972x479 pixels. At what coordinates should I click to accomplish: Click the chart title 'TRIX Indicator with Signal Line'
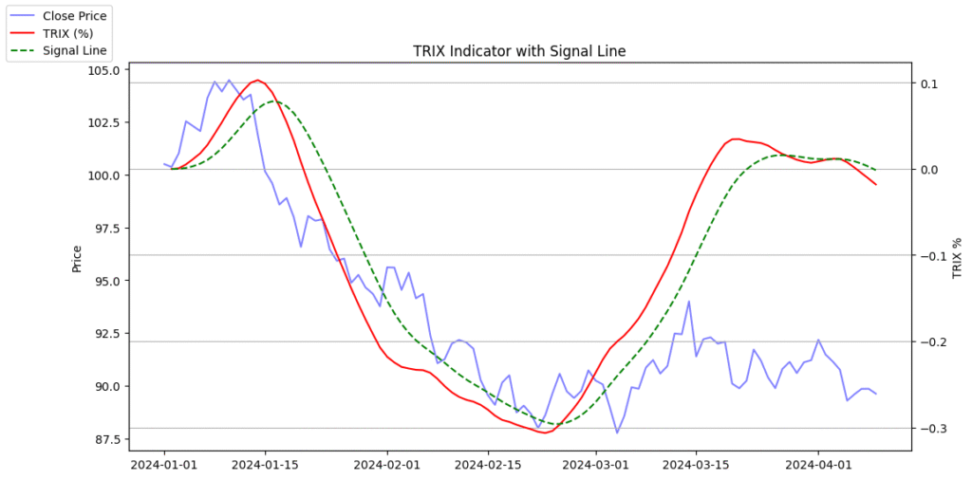pos(519,51)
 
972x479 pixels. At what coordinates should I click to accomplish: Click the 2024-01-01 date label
pos(165,466)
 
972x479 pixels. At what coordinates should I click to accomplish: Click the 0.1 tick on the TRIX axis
pos(929,83)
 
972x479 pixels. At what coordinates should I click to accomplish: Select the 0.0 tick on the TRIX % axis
pos(929,170)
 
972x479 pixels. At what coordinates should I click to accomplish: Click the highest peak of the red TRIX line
pos(257,81)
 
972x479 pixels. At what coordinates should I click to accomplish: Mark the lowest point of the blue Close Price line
pos(617,433)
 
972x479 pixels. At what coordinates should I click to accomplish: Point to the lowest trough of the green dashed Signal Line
pos(556,424)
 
